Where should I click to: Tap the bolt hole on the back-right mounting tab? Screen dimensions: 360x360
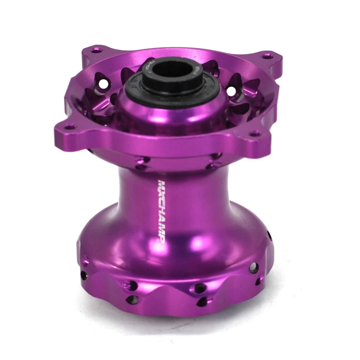(x=267, y=56)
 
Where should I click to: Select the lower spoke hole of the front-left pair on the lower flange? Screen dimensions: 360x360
(x=131, y=299)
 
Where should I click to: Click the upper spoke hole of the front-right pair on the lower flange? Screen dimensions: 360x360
(x=200, y=288)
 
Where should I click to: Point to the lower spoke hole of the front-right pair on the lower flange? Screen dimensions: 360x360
(x=203, y=301)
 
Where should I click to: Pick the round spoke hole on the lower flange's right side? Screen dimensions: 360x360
(x=254, y=267)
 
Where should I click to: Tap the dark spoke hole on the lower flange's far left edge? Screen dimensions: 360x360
(x=84, y=275)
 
